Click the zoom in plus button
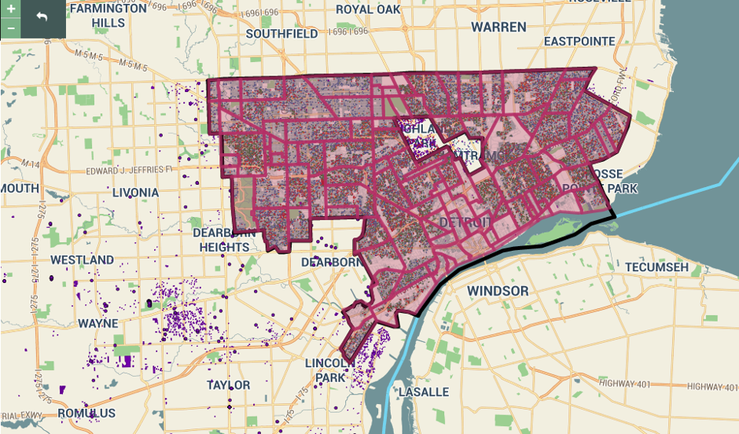click(x=11, y=9)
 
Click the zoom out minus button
click(x=11, y=28)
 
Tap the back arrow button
click(x=42, y=16)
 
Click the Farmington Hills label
click(x=108, y=16)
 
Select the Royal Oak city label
click(x=368, y=9)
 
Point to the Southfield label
click(x=281, y=34)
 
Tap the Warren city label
click(x=498, y=28)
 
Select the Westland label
click(x=82, y=259)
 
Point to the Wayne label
click(x=98, y=323)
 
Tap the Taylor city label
click(x=228, y=385)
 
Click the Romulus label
click(x=86, y=413)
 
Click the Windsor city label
click(x=498, y=291)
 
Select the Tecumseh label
click(x=656, y=267)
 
